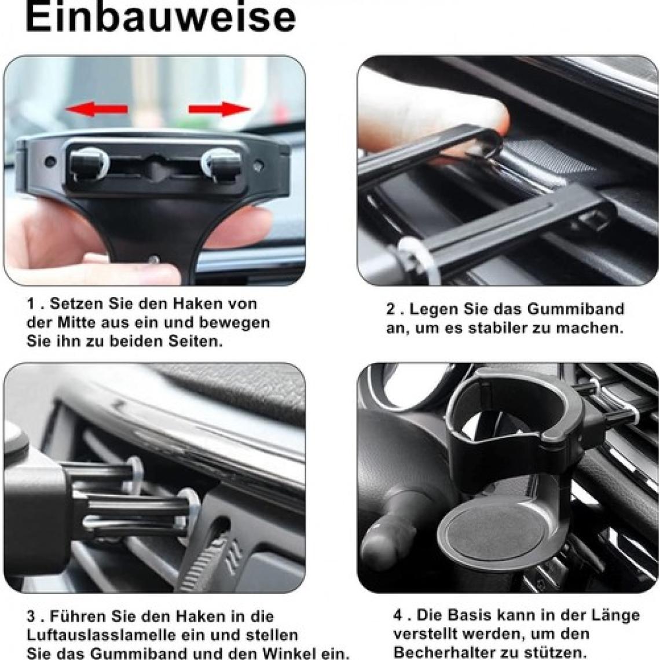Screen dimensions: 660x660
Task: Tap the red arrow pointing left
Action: coord(97,109)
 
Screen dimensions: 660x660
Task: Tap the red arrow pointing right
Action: coord(219,109)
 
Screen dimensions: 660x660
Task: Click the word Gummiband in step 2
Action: coord(575,309)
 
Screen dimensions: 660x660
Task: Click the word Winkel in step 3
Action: coord(289,653)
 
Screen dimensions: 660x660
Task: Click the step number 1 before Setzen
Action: coord(30,303)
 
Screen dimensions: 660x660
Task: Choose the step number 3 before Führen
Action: coord(31,616)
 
